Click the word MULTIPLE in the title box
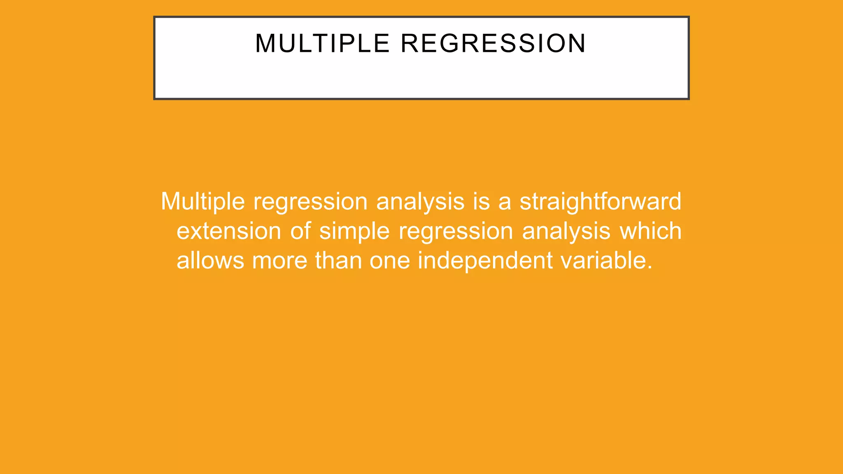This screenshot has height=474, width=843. pos(322,43)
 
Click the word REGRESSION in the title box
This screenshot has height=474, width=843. pos(493,43)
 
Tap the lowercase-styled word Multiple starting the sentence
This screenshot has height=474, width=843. pos(203,202)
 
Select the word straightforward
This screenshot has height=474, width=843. pos(600,202)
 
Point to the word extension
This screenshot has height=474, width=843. pos(229,231)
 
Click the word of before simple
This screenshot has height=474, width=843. pos(300,231)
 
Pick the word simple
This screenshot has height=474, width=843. pos(354,231)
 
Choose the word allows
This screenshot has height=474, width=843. pos(210,261)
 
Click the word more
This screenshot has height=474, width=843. pos(279,261)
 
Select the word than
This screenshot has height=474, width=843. pos(338,261)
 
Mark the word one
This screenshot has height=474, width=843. pos(389,261)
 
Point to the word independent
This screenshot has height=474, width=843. pos(485,261)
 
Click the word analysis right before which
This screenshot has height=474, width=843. pos(566,231)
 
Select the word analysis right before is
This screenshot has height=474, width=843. pos(420,202)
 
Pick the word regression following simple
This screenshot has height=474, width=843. pos(456,231)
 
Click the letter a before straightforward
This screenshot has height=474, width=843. pos(505,202)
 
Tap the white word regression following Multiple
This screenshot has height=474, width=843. pos(310,202)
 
